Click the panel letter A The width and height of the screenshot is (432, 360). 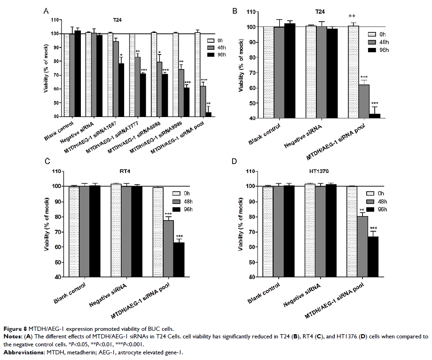(46, 10)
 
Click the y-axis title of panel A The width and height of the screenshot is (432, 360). (47, 69)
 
